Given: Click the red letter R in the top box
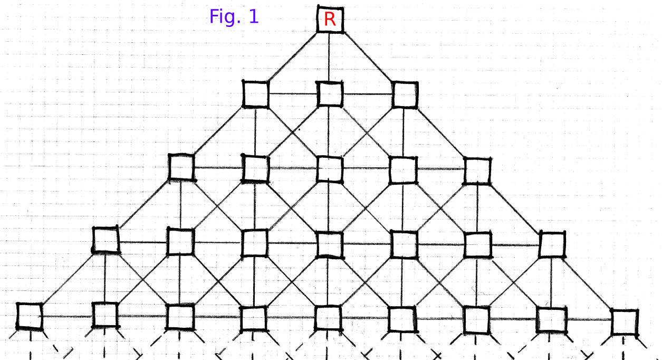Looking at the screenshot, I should (x=330, y=20).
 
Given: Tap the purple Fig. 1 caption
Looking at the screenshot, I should (x=234, y=17).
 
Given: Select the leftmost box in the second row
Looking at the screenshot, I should (x=256, y=94).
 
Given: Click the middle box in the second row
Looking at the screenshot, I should (x=330, y=94).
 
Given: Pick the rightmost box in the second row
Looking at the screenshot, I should (x=405, y=94).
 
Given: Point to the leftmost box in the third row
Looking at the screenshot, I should (x=181, y=167).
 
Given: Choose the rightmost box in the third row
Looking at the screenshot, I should (x=477, y=170).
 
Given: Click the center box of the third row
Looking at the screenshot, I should (x=330, y=168).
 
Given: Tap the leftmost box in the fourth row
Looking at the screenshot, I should (x=105, y=240).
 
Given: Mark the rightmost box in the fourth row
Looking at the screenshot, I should (x=552, y=245).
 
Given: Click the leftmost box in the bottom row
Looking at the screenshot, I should (x=29, y=316).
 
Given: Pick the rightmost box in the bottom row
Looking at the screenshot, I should (x=625, y=322).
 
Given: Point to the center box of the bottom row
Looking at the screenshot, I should (x=329, y=319).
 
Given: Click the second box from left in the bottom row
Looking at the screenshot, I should (x=105, y=315).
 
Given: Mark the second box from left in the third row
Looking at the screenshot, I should (x=255, y=168).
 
